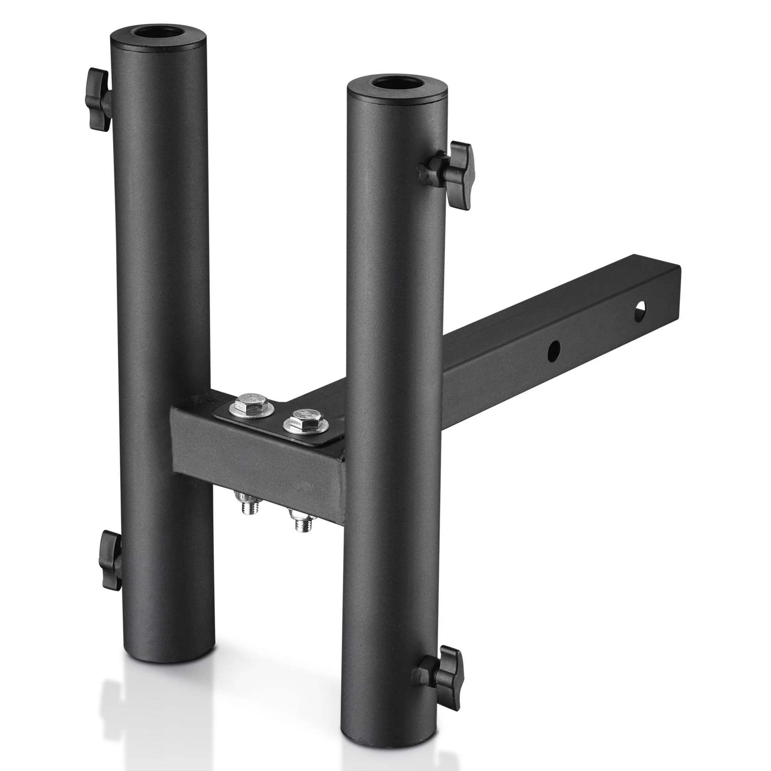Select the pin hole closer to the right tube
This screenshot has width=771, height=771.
click(x=554, y=350)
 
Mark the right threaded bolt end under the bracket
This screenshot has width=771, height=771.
click(x=301, y=522)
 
